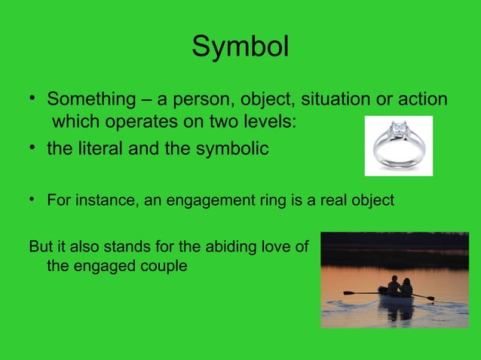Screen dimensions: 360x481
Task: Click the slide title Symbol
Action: click(240, 47)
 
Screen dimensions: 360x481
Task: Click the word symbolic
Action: click(227, 148)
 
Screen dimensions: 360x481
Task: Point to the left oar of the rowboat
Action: click(360, 292)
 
